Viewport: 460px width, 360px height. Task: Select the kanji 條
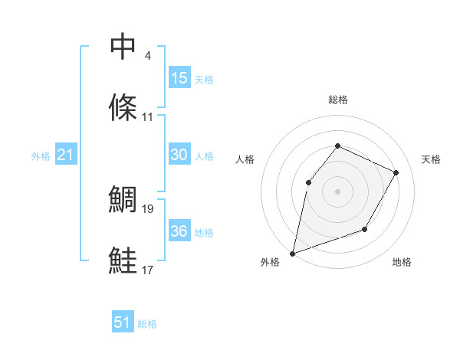tap(123, 109)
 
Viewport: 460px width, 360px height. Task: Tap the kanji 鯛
tap(123, 199)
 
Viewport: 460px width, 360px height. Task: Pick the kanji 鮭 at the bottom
tap(123, 260)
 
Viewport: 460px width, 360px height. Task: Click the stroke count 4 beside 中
tap(147, 56)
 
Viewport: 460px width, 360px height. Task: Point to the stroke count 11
tap(148, 117)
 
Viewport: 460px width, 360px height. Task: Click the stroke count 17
tap(148, 269)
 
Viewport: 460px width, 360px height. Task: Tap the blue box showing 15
tap(179, 78)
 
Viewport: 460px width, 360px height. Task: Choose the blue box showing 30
tap(179, 155)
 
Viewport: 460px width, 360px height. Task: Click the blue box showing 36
tap(179, 231)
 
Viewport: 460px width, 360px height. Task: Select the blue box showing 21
tap(66, 155)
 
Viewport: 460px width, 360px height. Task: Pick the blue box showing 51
tap(123, 322)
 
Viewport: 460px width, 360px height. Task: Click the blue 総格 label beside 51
tap(147, 324)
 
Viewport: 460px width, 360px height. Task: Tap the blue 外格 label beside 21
tap(41, 156)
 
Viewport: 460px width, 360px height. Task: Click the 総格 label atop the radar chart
tap(337, 100)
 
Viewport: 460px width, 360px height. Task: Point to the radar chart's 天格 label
tap(431, 159)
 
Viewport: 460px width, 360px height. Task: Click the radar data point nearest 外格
tap(293, 253)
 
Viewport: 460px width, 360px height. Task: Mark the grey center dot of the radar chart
tap(337, 191)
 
